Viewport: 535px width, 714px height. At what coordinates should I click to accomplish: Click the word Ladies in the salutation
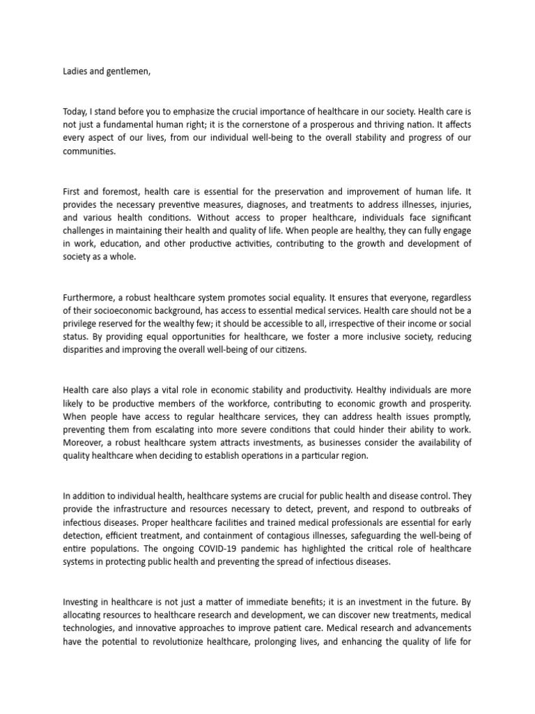(75, 70)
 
